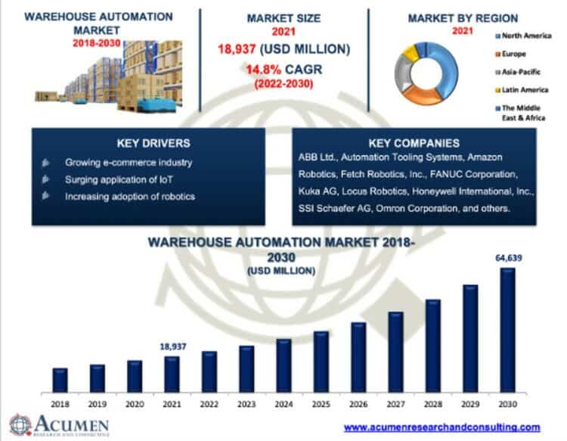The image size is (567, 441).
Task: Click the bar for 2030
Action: click(x=508, y=330)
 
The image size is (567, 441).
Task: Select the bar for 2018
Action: click(x=60, y=380)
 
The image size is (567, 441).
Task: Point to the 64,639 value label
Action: click(x=508, y=258)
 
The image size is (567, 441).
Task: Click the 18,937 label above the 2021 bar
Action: click(x=172, y=346)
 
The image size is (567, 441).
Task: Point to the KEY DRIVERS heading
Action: click(x=148, y=143)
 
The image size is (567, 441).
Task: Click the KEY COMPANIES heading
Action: click(x=414, y=143)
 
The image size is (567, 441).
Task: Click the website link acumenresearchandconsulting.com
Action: click(x=442, y=427)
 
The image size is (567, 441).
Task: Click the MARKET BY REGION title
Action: click(x=463, y=17)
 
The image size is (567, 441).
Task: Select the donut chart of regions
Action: click(x=431, y=74)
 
